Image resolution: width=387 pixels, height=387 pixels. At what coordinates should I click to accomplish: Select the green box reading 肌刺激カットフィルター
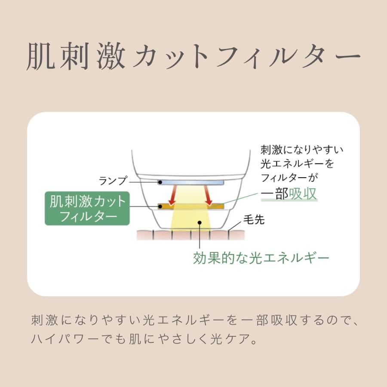click(x=87, y=209)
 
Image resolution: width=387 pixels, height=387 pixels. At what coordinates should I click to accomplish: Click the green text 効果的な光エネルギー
click(x=261, y=258)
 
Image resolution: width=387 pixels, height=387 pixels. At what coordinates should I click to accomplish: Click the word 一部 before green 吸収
click(x=274, y=194)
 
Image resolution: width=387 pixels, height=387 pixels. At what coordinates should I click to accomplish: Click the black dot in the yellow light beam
click(x=199, y=223)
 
